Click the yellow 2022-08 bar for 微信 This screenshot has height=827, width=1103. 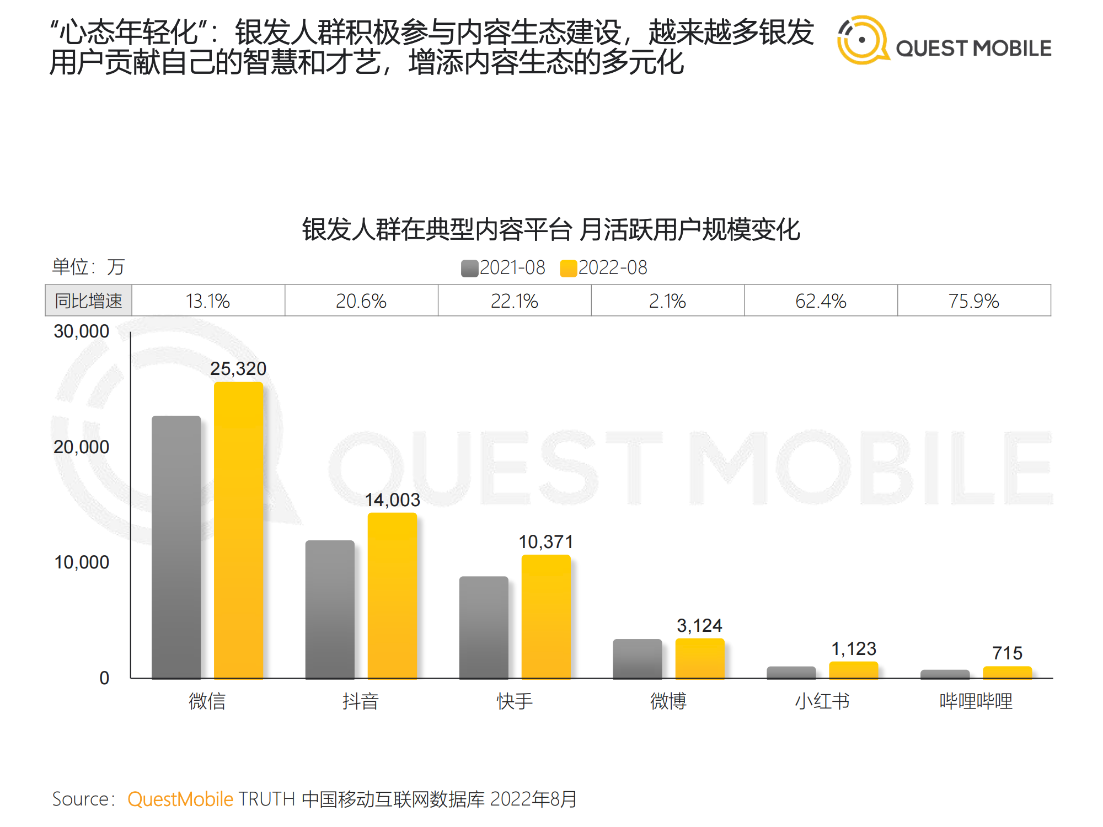click(x=238, y=529)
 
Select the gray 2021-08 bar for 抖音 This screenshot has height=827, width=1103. click(x=330, y=609)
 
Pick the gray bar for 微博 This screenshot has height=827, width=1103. click(x=637, y=658)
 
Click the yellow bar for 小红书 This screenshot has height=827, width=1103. click(x=853, y=670)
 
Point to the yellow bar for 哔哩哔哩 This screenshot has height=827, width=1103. click(x=1007, y=672)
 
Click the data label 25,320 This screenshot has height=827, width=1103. click(x=238, y=368)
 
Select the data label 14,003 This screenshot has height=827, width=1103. click(x=392, y=500)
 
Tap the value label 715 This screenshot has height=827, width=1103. click(x=1007, y=653)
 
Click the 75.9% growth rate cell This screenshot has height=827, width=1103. click(x=974, y=301)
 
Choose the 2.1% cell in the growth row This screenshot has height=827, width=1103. click(x=667, y=301)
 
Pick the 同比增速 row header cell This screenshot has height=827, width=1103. click(x=88, y=301)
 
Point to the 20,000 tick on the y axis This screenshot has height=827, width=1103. click(x=82, y=447)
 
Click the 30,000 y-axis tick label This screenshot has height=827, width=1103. click(x=82, y=331)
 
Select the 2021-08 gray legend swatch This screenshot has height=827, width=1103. click(x=469, y=268)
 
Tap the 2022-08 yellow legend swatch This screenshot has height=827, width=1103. click(x=568, y=268)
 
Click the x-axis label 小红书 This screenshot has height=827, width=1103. click(x=822, y=701)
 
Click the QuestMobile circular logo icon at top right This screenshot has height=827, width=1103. click(x=862, y=40)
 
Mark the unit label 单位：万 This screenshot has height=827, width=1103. click(x=88, y=267)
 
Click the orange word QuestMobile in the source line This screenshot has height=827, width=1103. click(x=180, y=799)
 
